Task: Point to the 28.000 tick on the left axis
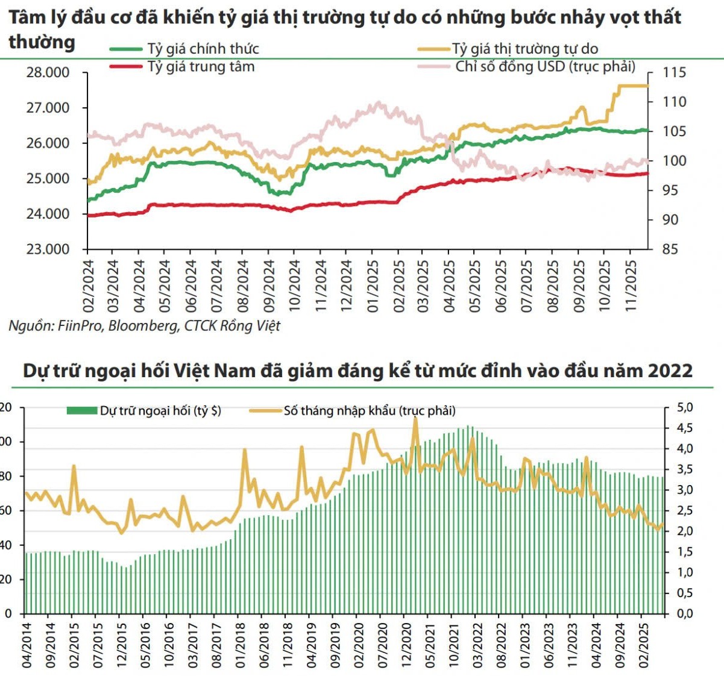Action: (48, 73)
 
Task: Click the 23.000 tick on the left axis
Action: (48, 249)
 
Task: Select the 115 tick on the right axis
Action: (674, 73)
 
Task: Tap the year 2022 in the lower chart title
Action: (670, 370)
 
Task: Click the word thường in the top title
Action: (42, 42)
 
